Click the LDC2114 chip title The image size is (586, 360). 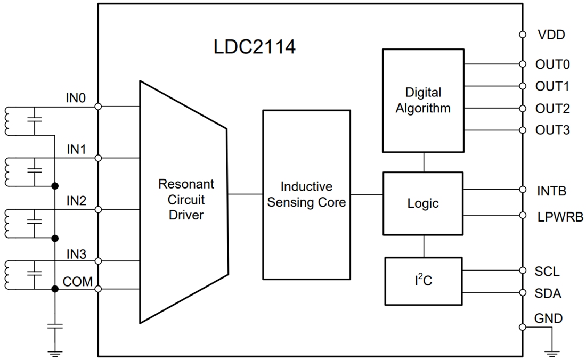[254, 47]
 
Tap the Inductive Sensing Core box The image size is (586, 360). [306, 194]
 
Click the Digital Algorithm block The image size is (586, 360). [423, 100]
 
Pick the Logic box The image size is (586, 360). [423, 203]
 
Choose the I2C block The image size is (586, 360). [423, 281]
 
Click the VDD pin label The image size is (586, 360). [550, 35]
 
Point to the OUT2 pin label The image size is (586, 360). [552, 109]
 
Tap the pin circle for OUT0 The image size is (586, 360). [523, 64]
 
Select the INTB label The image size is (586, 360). [551, 190]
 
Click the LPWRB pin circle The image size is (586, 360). [523, 216]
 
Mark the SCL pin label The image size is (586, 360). [547, 272]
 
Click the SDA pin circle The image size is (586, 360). [523, 293]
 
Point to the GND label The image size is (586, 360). [548, 318]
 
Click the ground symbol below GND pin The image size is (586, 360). [552, 351]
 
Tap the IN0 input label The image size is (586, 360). [76, 98]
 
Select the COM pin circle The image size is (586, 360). [97, 289]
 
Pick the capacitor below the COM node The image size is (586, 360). [54, 325]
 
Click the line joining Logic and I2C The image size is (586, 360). [424, 246]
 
